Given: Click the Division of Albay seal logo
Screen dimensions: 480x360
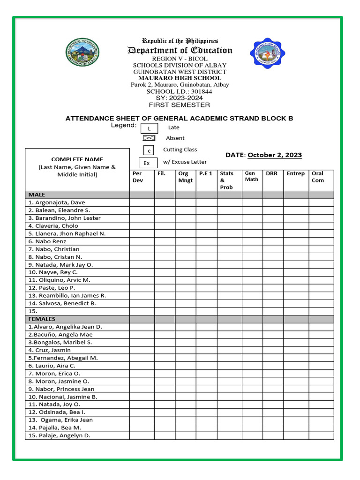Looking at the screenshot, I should tap(83, 52).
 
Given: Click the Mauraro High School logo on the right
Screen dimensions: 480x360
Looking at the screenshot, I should tap(267, 53).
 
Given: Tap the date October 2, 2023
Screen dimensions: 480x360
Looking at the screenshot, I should tap(275, 155).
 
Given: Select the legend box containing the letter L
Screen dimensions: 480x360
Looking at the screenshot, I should tap(149, 128).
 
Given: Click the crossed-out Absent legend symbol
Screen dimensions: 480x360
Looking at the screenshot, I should tap(149, 138).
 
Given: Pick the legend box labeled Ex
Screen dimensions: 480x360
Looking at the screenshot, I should tap(147, 163).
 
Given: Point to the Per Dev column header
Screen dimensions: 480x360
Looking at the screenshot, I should tap(142, 177).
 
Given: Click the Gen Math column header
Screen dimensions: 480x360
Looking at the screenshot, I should tap(252, 176).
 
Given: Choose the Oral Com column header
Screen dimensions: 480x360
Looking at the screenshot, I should tap(321, 177).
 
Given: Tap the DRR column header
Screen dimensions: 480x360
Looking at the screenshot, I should tap(272, 173).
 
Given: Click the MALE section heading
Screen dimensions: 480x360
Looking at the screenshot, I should tap(37, 195).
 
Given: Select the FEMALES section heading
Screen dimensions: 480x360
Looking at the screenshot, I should tap(42, 319).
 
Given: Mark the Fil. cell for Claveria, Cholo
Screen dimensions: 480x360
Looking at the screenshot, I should tap(165, 225).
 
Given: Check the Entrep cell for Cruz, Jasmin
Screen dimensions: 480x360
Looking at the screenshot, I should tap(296, 350).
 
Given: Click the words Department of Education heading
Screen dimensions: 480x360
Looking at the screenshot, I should tap(180, 51).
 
